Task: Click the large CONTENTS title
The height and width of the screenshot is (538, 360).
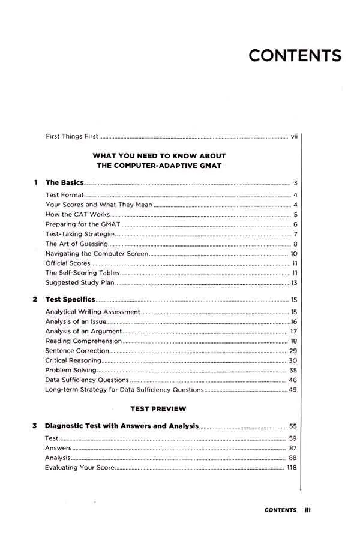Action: pyautogui.click(x=295, y=55)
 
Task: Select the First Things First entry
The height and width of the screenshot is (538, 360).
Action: pyautogui.click(x=72, y=137)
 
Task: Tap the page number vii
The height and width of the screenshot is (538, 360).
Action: pyautogui.click(x=294, y=137)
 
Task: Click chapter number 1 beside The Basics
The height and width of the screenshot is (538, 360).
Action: pyautogui.click(x=36, y=182)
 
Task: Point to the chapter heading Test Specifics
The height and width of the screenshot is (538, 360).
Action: pyautogui.click(x=70, y=299)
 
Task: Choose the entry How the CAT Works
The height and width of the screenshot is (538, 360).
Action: pyautogui.click(x=77, y=215)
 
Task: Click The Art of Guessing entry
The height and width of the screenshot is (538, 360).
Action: pyautogui.click(x=77, y=244)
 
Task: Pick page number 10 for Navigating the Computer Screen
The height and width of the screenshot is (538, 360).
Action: pyautogui.click(x=294, y=254)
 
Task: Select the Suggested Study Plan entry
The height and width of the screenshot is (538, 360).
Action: pyautogui.click(x=79, y=282)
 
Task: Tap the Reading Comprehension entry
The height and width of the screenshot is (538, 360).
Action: pyautogui.click(x=83, y=341)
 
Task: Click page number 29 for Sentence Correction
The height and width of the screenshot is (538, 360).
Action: pyautogui.click(x=293, y=351)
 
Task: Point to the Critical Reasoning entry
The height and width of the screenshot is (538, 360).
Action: pyautogui.click(x=73, y=361)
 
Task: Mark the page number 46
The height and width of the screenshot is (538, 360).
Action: pyautogui.click(x=293, y=380)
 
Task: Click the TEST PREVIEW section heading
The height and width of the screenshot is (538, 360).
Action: pyautogui.click(x=158, y=409)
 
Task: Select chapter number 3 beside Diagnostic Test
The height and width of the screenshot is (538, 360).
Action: pyautogui.click(x=35, y=426)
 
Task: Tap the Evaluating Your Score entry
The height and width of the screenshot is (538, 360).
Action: pyautogui.click(x=79, y=468)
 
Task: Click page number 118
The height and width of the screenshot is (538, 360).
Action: pyautogui.click(x=292, y=468)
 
